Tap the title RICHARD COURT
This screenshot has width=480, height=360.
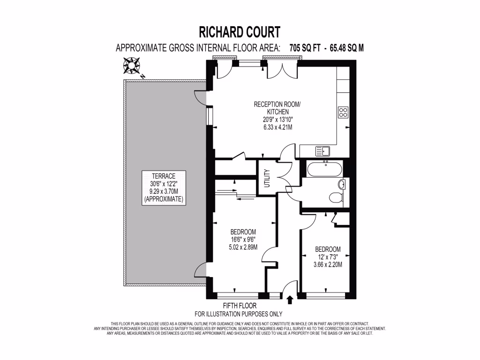(240, 32)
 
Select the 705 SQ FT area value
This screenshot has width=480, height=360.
(303, 48)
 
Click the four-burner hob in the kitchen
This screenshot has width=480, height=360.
(343, 112)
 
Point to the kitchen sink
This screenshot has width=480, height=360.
(323, 151)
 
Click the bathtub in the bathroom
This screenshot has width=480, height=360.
(323, 167)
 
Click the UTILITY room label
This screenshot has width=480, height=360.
(267, 178)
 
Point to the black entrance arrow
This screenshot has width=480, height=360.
(289, 299)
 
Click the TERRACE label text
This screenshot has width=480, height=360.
(164, 176)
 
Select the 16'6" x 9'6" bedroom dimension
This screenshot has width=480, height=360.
(243, 240)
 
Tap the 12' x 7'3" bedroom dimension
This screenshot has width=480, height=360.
(328, 257)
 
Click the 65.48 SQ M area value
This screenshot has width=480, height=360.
(347, 48)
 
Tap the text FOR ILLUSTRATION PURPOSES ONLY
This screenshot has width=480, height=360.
(239, 314)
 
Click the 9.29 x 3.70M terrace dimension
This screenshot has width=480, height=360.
(164, 192)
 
